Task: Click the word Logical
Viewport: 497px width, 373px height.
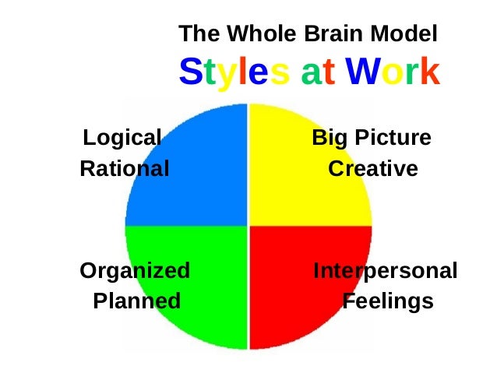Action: pos(122,139)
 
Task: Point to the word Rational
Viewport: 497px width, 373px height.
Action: pos(124,168)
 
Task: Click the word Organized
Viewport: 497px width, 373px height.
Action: pos(135,271)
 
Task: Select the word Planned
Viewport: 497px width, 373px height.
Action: pos(136,301)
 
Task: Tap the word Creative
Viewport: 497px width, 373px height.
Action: pos(372,168)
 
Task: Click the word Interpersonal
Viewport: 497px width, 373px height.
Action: pos(385,271)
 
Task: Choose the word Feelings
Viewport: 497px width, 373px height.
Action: pos(388,301)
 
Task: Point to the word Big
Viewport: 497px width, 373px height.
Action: pos(329,139)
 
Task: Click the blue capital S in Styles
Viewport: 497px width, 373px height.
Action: pos(190,72)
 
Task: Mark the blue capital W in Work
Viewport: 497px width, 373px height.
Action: pos(365,72)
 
